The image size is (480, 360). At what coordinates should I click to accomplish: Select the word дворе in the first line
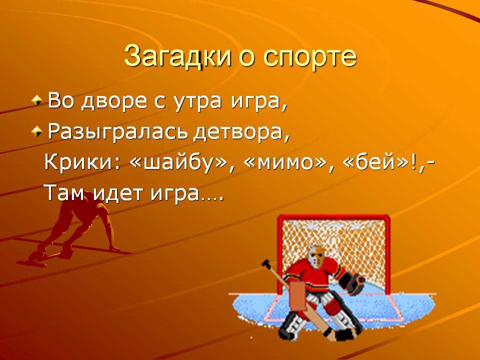(x=115, y=101)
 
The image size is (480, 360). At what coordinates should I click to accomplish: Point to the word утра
(x=197, y=102)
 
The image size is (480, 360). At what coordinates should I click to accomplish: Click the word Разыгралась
(x=119, y=132)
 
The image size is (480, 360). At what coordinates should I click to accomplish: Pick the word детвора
(x=241, y=132)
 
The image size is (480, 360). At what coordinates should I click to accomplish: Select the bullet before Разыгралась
(x=36, y=132)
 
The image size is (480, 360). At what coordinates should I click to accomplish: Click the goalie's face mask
(x=315, y=256)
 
